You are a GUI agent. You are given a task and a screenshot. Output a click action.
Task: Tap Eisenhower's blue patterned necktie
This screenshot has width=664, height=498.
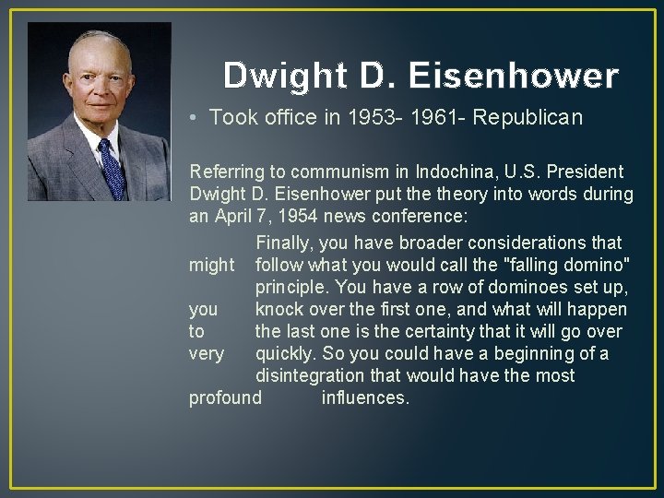(112, 169)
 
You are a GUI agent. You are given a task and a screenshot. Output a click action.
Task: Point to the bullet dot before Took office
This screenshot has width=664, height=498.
(190, 118)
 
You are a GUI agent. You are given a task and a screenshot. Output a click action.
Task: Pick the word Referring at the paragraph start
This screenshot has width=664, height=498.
(224, 172)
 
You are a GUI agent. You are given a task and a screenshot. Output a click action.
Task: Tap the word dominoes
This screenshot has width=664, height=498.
(530, 287)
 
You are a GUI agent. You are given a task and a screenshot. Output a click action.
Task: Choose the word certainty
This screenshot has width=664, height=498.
(443, 331)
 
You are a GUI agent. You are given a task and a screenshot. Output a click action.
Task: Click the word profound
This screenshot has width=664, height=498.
(225, 397)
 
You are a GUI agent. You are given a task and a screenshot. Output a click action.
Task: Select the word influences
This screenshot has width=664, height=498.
(365, 397)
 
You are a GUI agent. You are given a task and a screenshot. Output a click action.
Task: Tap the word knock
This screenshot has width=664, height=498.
(280, 309)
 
